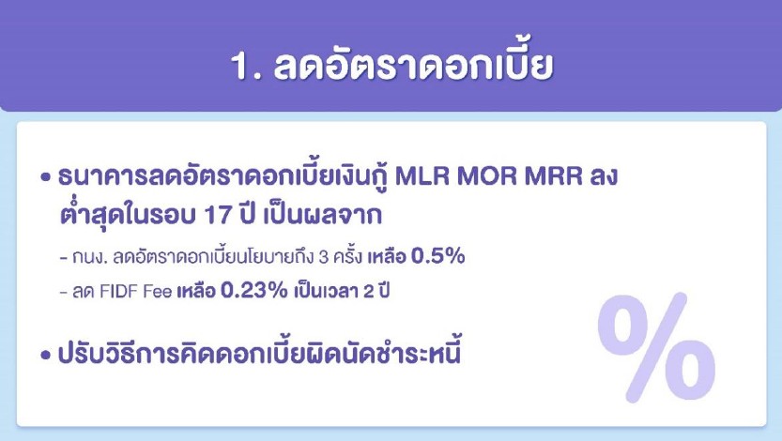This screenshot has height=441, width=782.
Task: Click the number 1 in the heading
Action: point(239,66)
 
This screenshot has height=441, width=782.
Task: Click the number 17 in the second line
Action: point(219,215)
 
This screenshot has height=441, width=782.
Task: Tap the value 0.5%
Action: point(437,256)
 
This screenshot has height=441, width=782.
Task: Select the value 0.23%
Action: point(253,290)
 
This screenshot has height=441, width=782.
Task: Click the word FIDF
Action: point(118,291)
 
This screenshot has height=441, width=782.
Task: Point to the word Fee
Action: point(157,291)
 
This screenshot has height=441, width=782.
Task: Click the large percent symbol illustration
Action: point(656,347)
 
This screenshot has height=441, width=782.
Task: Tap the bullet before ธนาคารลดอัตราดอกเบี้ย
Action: point(46,177)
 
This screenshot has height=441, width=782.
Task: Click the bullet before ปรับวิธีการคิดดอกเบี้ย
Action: point(46,356)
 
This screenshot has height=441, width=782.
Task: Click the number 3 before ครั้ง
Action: point(323,257)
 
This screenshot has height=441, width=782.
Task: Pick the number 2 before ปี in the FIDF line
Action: point(369,291)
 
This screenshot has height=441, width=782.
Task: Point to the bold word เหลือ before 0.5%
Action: point(387,256)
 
